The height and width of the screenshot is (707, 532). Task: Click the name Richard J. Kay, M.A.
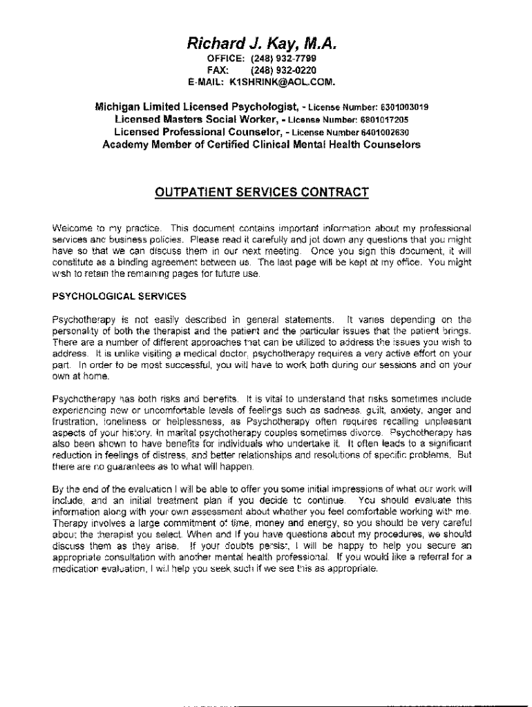tap(261, 45)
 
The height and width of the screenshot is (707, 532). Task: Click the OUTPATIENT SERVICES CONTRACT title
tap(260, 191)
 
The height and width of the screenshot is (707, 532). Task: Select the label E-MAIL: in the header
tap(207, 82)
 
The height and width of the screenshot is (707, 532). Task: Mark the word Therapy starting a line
tap(68, 524)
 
